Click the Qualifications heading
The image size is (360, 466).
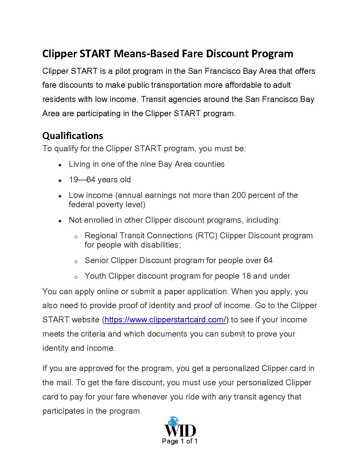tap(72, 136)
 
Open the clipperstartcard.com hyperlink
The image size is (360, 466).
tap(165, 320)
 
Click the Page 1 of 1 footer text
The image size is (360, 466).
tap(180, 441)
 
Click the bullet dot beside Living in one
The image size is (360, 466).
tap(60, 165)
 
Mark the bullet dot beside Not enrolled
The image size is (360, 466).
tap(60, 221)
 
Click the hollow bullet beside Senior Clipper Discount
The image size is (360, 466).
tap(76, 261)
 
